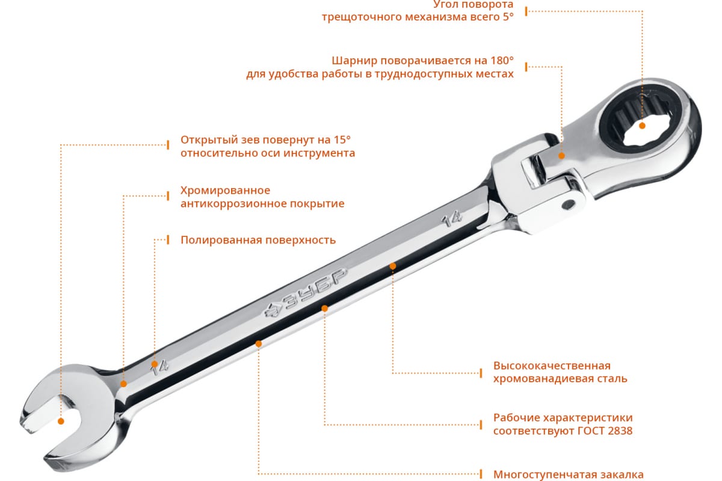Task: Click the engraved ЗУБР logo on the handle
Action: point(306,293)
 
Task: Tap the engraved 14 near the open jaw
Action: point(159,367)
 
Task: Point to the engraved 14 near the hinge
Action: point(452,219)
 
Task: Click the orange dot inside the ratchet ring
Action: point(642,126)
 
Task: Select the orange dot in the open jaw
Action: point(61,421)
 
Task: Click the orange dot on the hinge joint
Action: point(561,156)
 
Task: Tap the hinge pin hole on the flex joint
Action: point(568,204)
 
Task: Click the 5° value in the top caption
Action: point(508,16)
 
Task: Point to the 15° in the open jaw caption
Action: point(342,139)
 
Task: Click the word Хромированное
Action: point(225,191)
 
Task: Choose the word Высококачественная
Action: point(552,366)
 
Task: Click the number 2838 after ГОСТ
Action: point(619,430)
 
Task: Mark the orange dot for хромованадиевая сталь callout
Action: point(392,266)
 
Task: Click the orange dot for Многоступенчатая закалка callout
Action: point(259,344)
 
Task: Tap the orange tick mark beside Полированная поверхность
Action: point(168,240)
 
